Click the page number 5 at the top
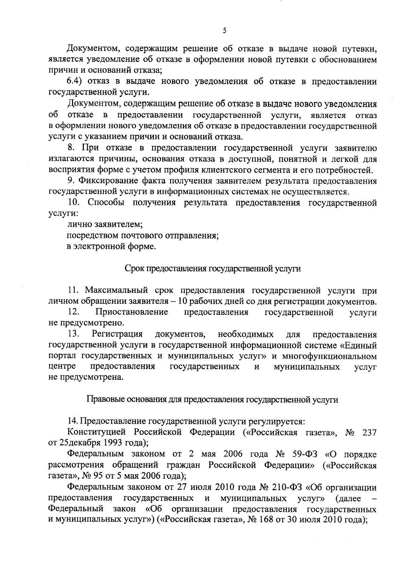coord(225,31)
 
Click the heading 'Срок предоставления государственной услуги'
coord(213,269)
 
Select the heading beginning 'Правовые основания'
coord(212,399)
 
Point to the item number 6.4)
coord(76,81)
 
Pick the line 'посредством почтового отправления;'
coord(143,235)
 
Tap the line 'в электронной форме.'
coord(111,246)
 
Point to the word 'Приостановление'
coord(132,312)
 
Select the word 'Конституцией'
coord(96,432)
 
